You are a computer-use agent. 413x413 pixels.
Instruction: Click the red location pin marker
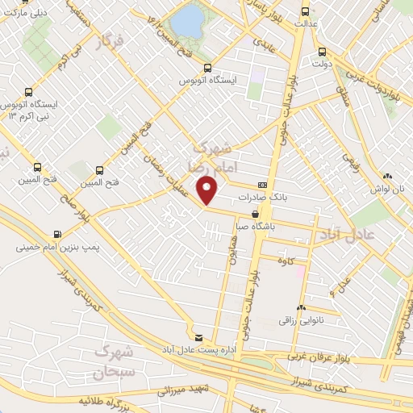tap(208, 190)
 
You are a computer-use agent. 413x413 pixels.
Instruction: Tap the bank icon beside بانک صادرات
tap(262, 185)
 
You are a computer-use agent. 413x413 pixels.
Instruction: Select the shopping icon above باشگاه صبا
tap(256, 215)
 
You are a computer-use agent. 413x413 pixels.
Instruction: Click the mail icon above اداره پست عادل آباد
tap(199, 336)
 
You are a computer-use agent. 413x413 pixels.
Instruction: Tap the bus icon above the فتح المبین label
tap(100, 170)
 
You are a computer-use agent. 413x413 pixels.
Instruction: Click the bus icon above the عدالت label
tap(305, 11)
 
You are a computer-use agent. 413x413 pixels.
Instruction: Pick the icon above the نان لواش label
tap(388, 175)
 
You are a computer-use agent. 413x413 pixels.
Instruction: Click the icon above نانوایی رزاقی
tap(302, 307)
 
